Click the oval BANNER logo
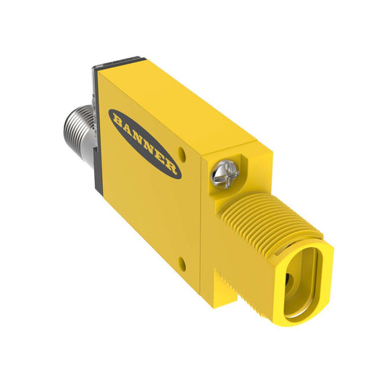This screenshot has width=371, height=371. (145, 143)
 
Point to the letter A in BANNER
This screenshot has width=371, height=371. (128, 128)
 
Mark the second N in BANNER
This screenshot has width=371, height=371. (150, 147)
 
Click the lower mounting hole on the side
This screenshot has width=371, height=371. (182, 264)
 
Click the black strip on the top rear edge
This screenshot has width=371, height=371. (119, 64)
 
